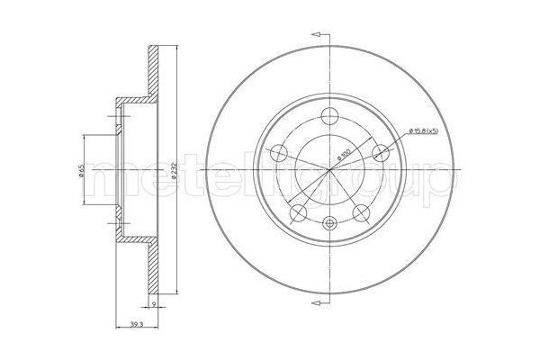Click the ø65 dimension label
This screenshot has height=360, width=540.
(80, 170)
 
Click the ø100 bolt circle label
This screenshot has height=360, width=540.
(343, 155)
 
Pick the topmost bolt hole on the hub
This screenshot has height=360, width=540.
(328, 114)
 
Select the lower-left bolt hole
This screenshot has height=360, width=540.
(298, 211)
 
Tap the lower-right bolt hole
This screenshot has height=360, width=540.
(361, 211)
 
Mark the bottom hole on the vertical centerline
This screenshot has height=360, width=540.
(328, 223)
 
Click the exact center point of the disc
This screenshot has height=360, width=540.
(328, 170)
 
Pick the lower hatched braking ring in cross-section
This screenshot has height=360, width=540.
(156, 270)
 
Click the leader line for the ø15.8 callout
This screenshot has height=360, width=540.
(396, 142)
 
